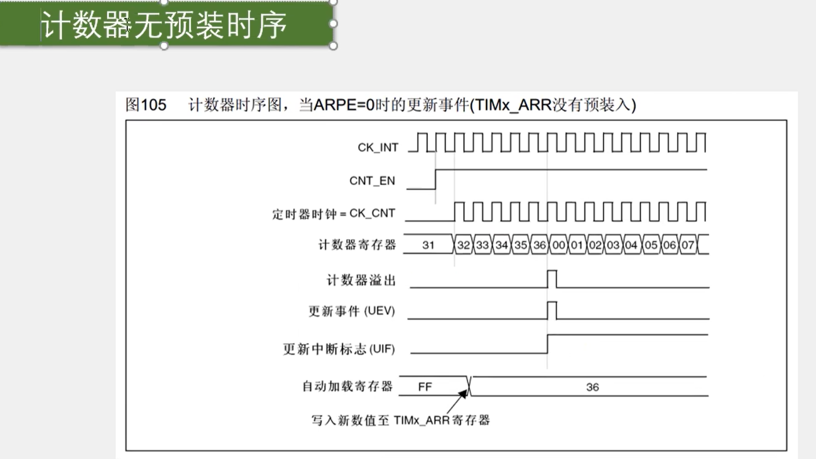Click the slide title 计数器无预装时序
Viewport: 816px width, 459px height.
point(164,25)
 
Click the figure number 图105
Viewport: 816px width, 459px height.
point(146,105)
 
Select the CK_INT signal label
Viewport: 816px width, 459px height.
point(378,148)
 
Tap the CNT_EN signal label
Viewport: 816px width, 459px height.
point(372,181)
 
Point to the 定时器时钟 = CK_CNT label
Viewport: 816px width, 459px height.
point(333,214)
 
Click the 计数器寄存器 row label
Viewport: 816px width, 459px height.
point(357,245)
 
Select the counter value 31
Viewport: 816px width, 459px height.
point(428,245)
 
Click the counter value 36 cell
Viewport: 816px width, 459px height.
point(540,245)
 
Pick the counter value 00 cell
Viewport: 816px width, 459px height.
point(559,245)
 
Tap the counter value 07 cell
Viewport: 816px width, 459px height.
point(688,245)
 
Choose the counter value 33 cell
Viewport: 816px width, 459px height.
point(483,245)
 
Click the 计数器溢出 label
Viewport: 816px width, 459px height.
point(361,281)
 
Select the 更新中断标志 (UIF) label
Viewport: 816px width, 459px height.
point(338,349)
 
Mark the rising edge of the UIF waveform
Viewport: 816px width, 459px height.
point(548,344)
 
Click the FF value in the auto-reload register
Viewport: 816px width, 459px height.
point(425,387)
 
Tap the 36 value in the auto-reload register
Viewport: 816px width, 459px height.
point(592,387)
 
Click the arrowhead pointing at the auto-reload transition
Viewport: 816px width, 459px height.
point(463,393)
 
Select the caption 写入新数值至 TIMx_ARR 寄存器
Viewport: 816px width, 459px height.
point(401,421)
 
